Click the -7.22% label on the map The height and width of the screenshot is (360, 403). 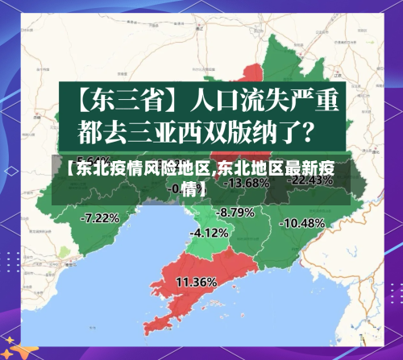(x=101, y=217)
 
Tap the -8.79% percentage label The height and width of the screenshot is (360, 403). (x=236, y=212)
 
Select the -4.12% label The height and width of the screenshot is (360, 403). (x=208, y=232)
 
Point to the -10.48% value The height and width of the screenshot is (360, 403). (x=304, y=222)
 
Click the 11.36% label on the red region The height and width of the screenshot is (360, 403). (x=196, y=282)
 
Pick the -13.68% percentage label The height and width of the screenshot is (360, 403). (x=245, y=183)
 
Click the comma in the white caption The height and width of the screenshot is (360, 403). (x=214, y=172)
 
